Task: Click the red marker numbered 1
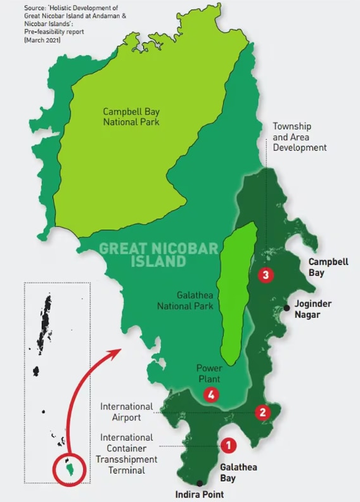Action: click(x=228, y=446)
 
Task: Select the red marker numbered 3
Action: click(x=266, y=274)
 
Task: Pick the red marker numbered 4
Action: click(x=211, y=394)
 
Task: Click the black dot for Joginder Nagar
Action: click(x=287, y=307)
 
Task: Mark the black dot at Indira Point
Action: click(x=200, y=483)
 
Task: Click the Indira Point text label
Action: click(x=200, y=494)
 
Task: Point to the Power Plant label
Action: click(x=209, y=373)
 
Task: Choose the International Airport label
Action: click(x=127, y=412)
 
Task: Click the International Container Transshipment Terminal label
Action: click(x=125, y=454)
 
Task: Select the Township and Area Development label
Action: click(x=299, y=137)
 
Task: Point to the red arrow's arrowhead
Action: click(x=119, y=351)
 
